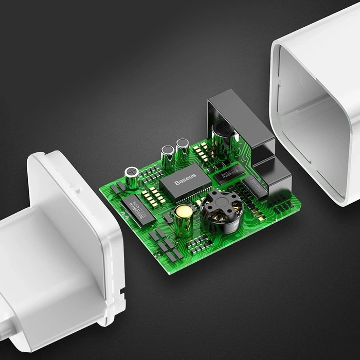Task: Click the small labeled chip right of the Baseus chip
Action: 227,174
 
